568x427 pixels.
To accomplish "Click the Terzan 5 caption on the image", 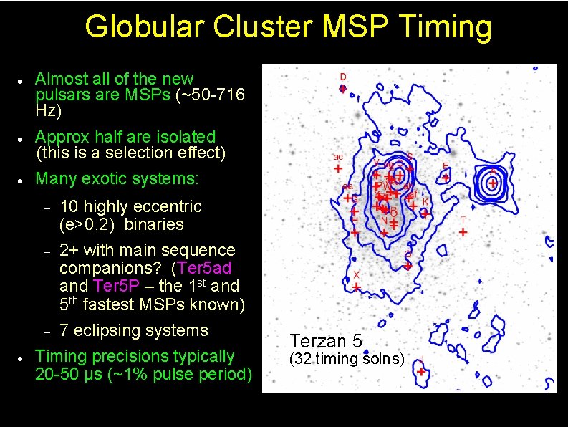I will pos(326,341).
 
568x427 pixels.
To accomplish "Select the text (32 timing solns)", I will pos(347,359).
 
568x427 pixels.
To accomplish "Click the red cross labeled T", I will pos(463,232).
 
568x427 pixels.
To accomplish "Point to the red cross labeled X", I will pos(357,287).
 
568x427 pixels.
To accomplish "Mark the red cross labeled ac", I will pos(338,168).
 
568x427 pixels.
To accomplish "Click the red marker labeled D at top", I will pos(343,88).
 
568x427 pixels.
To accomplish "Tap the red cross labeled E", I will pos(446,176).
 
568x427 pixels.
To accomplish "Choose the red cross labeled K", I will pos(424,213).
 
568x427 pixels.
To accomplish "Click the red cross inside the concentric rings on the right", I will pos(493,181).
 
